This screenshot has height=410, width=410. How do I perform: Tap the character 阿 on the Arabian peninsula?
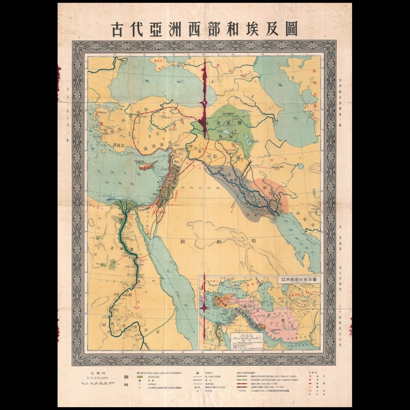click(x=183, y=242)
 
